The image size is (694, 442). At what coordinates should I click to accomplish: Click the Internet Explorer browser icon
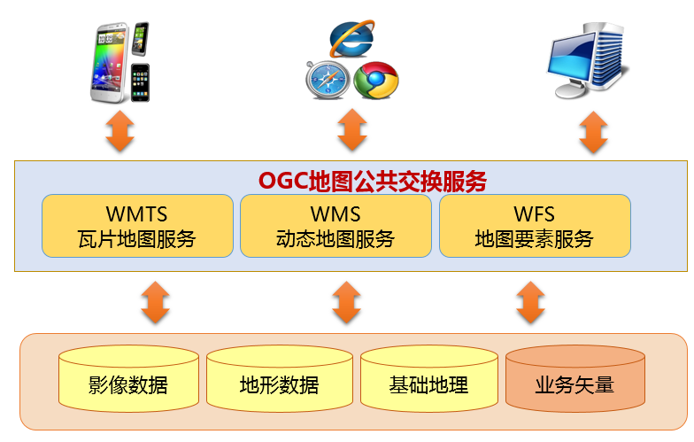pos(352,39)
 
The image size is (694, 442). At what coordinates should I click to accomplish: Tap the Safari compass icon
pos(328,80)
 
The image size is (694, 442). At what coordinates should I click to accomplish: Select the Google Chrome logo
pos(375,80)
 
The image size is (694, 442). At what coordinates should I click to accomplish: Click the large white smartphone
pos(110,62)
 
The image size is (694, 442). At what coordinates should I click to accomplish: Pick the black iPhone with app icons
pos(140,83)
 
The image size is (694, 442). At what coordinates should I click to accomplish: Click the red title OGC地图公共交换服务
pos(373,182)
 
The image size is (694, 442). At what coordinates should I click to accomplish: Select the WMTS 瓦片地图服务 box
pos(138,226)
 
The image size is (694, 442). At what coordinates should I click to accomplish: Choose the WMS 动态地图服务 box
pos(336,226)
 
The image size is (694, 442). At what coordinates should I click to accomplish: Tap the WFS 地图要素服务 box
pos(535,226)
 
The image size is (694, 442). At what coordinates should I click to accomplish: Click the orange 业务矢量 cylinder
pos(575,379)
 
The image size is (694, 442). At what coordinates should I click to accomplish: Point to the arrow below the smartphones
pos(120,131)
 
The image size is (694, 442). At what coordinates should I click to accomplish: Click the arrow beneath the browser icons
pos(352,129)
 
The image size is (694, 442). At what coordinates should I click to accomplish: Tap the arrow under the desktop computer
pos(593,133)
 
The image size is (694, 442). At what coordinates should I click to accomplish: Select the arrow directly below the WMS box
pos(347,302)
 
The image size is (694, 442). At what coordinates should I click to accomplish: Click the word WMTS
pos(136,214)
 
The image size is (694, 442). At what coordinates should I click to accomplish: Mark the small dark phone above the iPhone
pos(140,39)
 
